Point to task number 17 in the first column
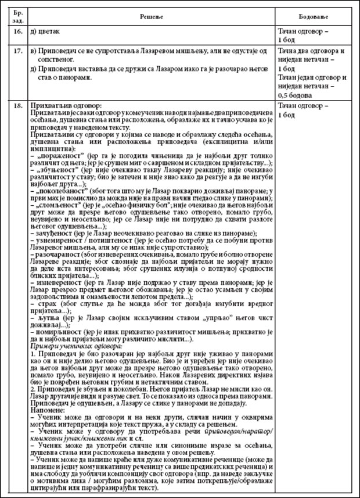(17, 51)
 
